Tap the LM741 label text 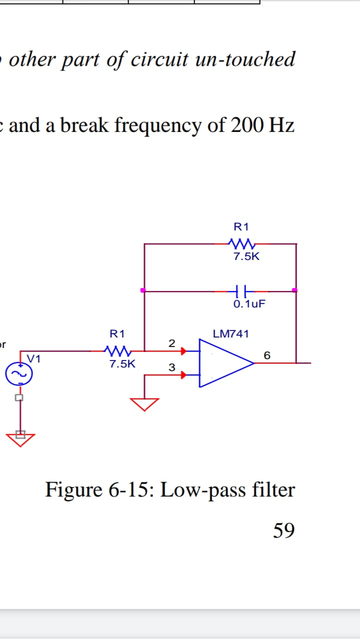(230, 333)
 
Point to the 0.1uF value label (249, 303)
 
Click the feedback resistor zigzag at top (242, 244)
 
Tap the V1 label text (34, 359)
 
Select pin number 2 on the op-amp (171, 343)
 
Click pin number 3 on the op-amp (171, 368)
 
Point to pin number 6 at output (267, 355)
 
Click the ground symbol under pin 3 (145, 403)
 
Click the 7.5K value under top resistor (246, 257)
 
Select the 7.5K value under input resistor (122, 363)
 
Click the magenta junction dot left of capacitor (143, 290)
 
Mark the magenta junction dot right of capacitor (294, 290)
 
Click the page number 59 (283, 530)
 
